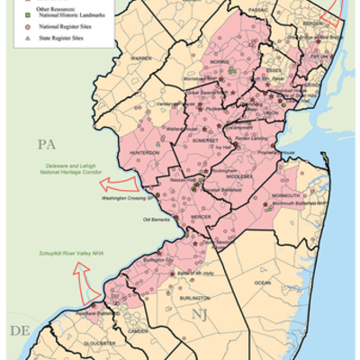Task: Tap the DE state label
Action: coord(19,330)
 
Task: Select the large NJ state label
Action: coord(202,312)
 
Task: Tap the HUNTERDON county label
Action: coord(146,153)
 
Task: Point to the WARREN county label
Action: coord(142,58)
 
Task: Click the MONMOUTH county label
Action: coord(286,194)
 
